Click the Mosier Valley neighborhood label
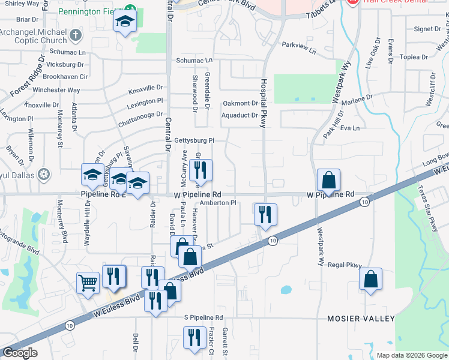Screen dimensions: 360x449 (361, 318)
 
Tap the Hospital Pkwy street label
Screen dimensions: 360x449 (262, 103)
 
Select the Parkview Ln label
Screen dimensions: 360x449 (298, 45)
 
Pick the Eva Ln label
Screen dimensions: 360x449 (349, 128)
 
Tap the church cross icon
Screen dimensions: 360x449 (74, 35)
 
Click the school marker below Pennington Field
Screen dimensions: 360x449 (125, 22)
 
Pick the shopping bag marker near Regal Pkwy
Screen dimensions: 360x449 (371, 278)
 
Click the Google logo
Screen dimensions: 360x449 (20, 353)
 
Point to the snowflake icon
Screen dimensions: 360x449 (44, 175)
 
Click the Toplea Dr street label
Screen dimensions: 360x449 (414, 57)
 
